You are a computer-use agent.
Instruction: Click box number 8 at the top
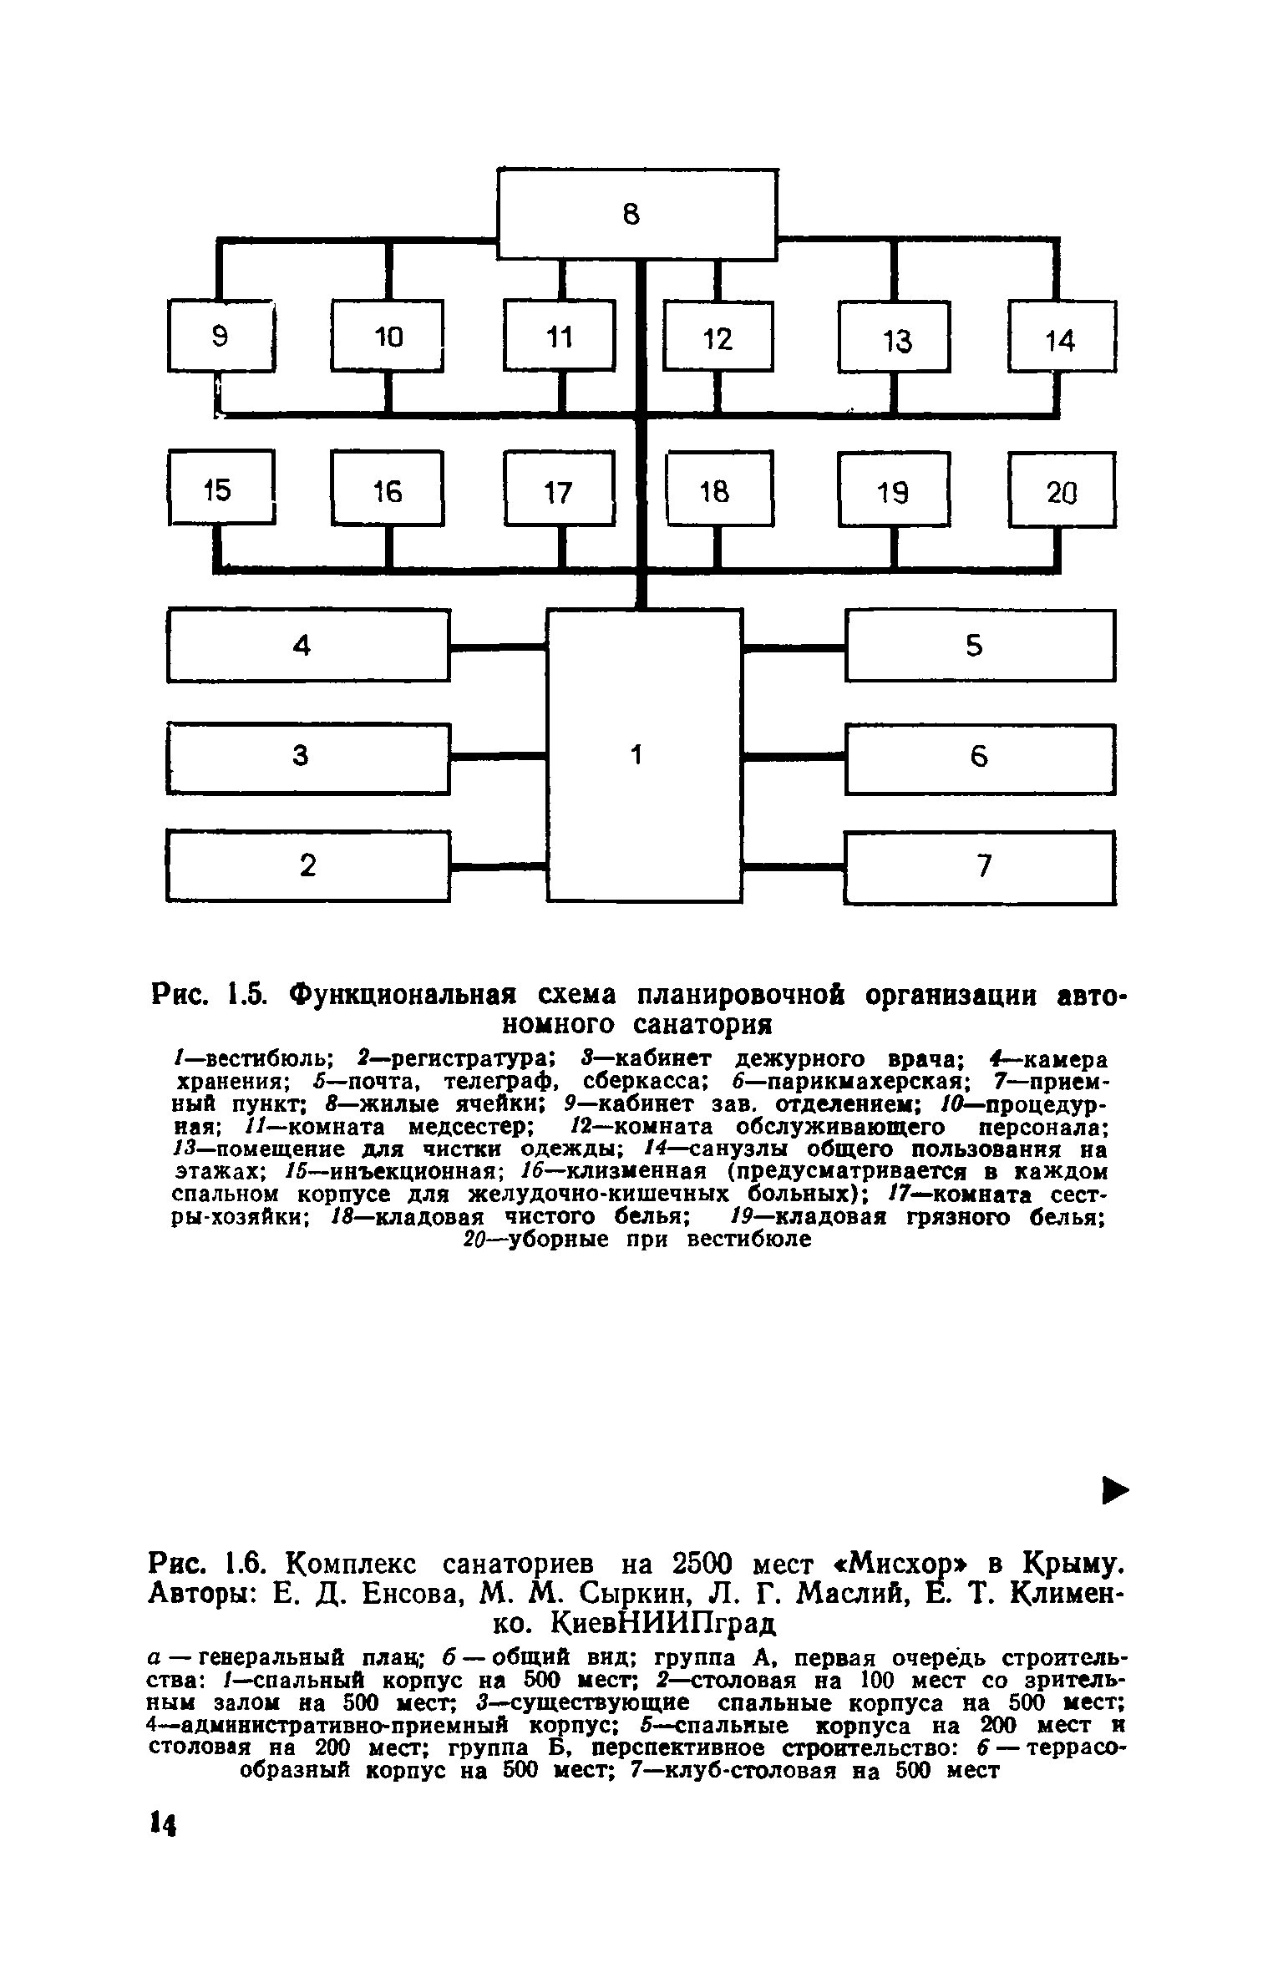click(637, 214)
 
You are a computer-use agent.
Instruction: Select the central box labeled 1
click(643, 755)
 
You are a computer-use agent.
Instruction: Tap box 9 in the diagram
click(221, 336)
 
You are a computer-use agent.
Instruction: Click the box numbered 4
click(307, 645)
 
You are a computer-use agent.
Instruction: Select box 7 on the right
click(980, 866)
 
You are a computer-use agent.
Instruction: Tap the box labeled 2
click(307, 866)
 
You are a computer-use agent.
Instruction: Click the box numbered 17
click(559, 491)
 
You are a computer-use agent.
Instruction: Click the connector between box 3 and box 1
click(498, 757)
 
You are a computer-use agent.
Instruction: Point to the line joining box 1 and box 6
click(794, 757)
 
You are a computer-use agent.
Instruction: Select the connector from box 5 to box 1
click(794, 646)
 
